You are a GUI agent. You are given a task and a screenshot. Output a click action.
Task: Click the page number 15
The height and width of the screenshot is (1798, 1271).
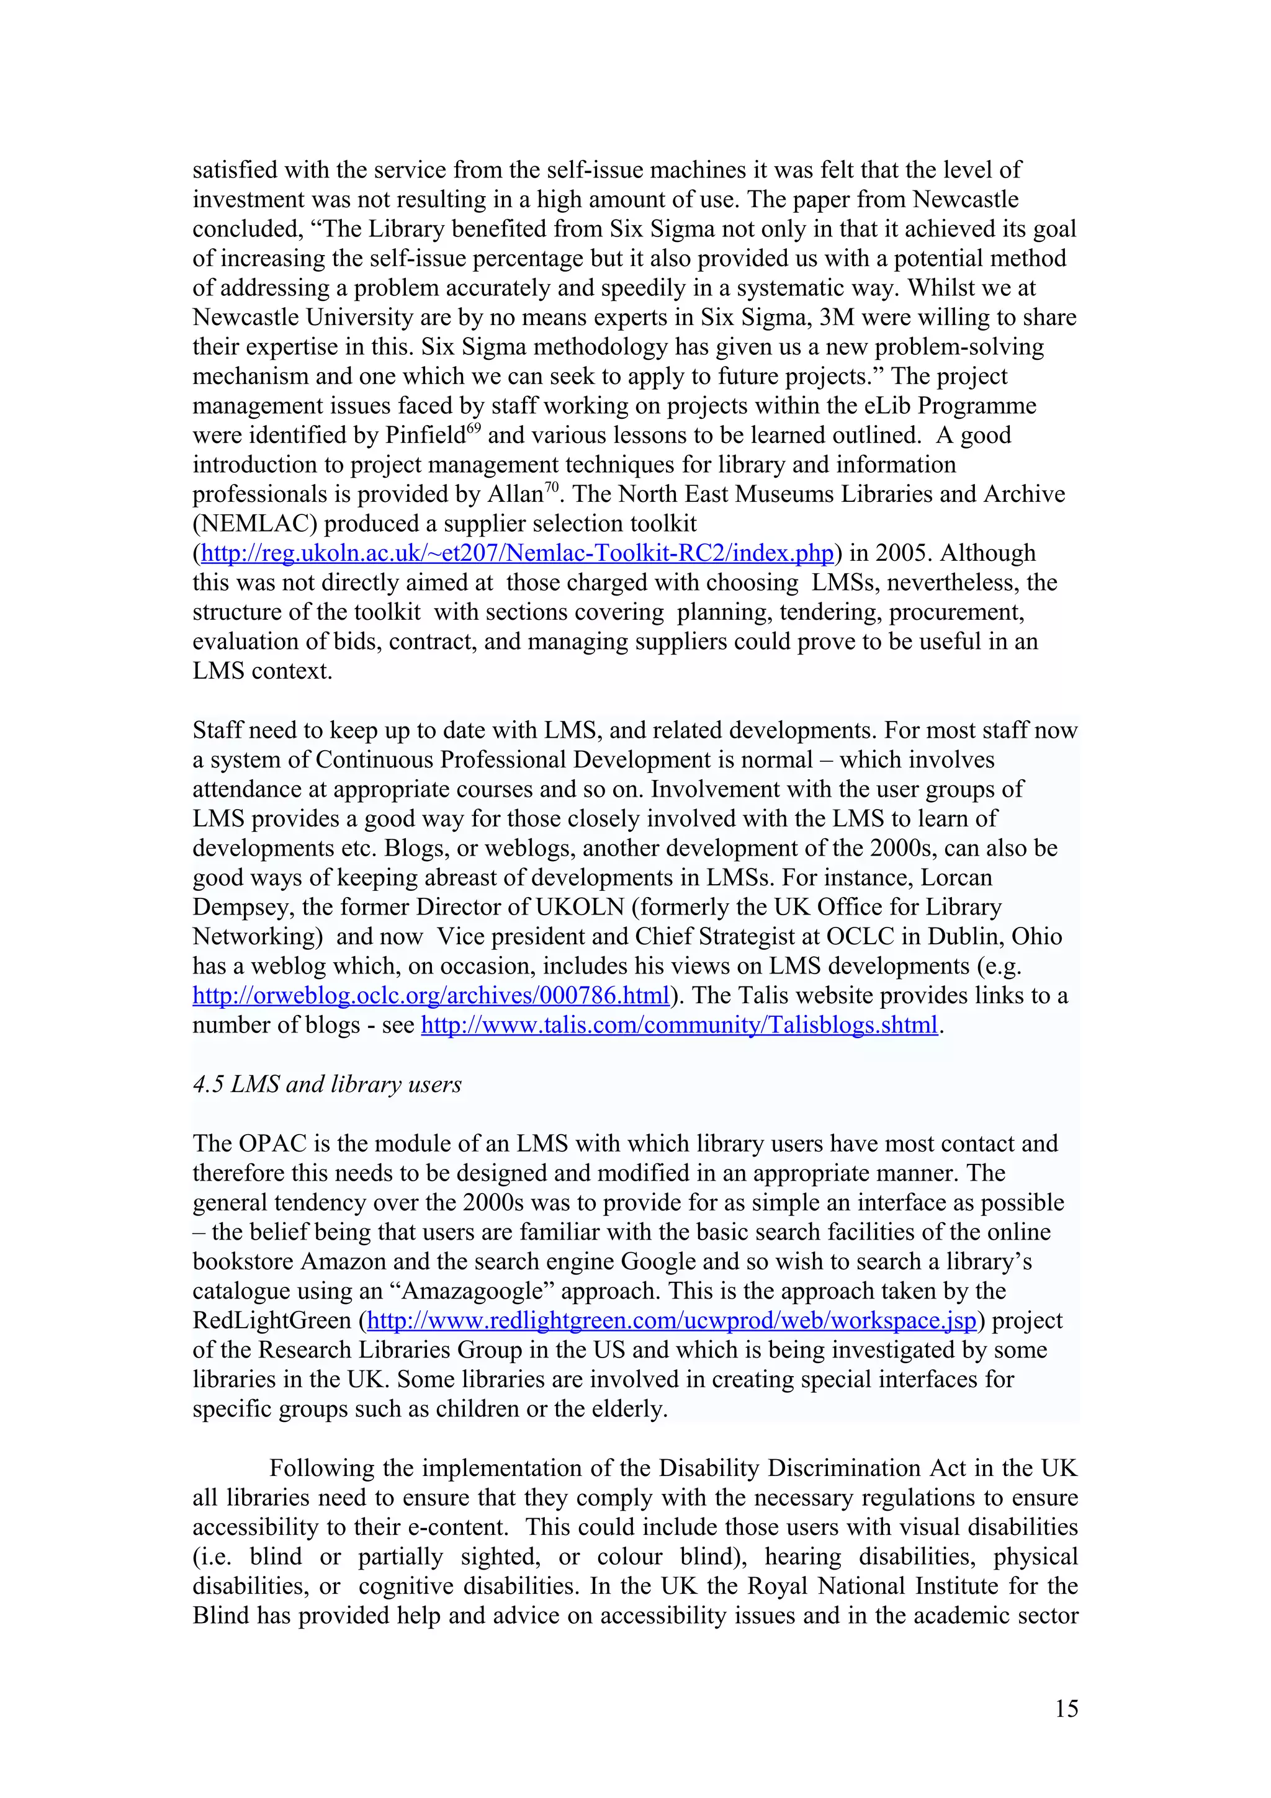coord(1066,1708)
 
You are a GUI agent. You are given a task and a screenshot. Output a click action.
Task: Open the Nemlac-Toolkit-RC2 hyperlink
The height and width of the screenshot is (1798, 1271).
coord(517,553)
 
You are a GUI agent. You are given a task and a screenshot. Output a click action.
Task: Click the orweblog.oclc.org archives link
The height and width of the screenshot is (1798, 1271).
coord(431,995)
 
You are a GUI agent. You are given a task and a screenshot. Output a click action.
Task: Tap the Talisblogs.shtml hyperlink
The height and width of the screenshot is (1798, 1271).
coord(679,1025)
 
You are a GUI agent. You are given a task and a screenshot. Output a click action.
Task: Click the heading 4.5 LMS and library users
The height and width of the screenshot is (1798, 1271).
coord(326,1085)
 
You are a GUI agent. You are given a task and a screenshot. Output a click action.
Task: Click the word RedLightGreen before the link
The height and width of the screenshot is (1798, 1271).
coord(272,1320)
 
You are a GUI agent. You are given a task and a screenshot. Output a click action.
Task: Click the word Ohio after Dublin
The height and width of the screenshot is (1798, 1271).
coord(1037,937)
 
